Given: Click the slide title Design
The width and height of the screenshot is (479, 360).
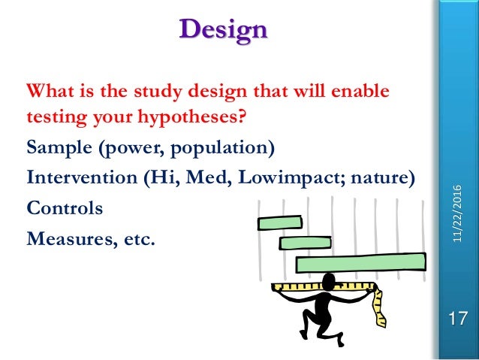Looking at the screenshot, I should point(224,30).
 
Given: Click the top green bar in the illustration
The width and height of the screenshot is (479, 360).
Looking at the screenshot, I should point(279,222).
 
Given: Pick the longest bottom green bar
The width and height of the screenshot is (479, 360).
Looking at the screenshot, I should point(360,262).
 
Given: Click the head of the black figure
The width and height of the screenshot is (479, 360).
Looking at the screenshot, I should point(328,281).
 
